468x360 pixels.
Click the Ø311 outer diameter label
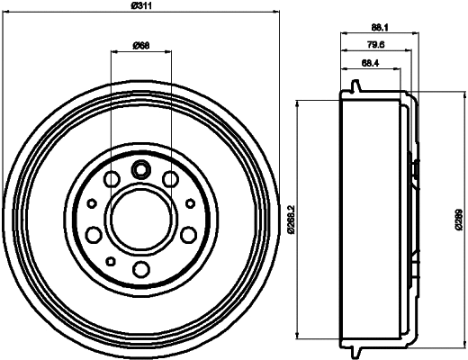tap(141, 9)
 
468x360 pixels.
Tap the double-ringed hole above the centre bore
tap(141, 168)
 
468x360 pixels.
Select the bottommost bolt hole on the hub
tap(141, 269)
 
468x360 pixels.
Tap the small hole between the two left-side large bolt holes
tap(93, 202)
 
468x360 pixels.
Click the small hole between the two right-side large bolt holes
tap(190, 202)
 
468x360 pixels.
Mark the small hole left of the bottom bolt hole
tap(111, 261)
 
